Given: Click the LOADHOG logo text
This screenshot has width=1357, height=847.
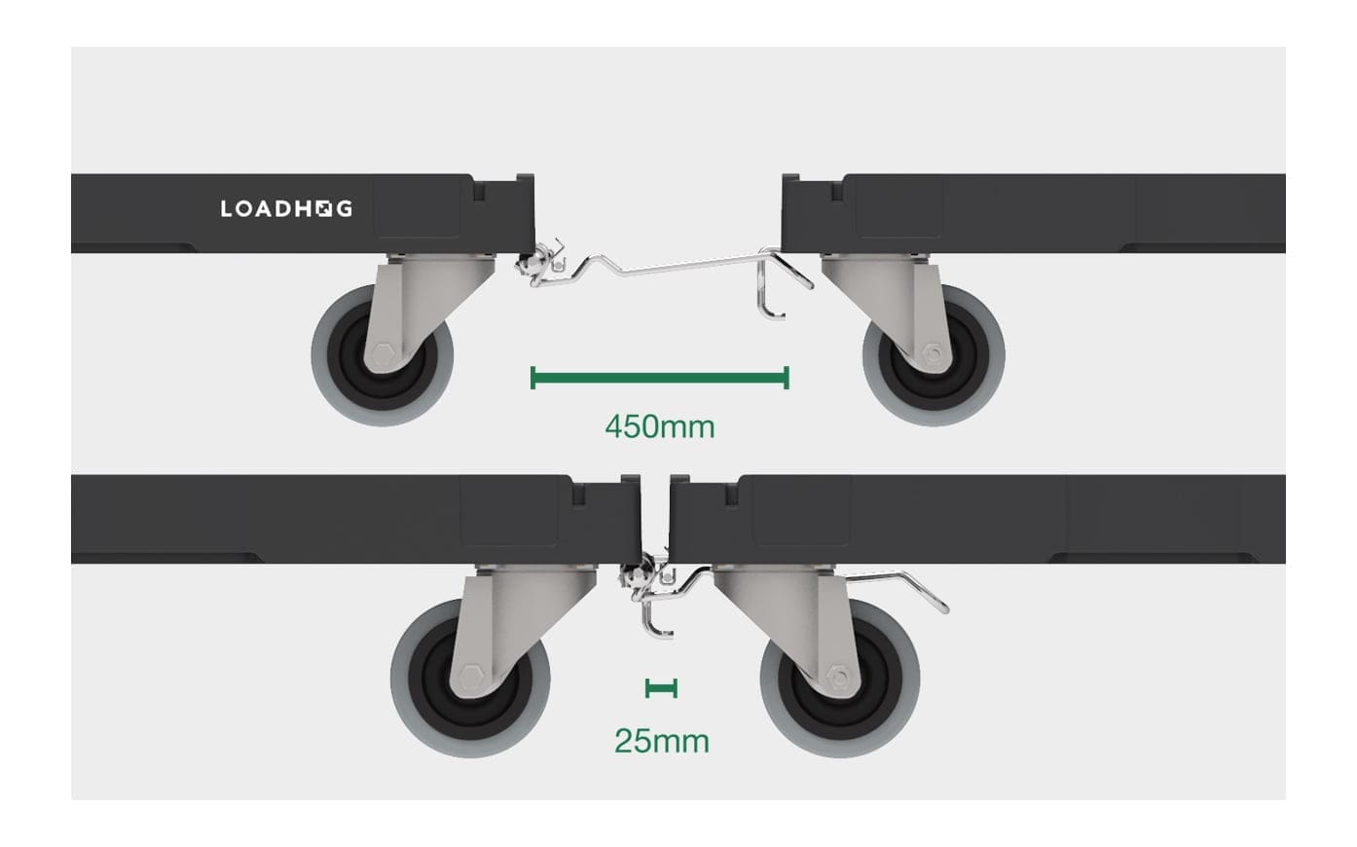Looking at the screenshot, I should tap(286, 208).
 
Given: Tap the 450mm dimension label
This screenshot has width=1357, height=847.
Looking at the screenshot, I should tap(659, 426).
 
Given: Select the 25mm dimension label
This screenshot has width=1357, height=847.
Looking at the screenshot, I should tap(661, 741).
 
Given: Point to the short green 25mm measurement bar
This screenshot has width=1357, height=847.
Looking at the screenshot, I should tap(661, 689).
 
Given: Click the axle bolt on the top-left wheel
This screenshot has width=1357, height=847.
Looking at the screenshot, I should tap(380, 353).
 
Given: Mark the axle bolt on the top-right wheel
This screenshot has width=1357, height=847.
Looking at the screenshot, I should tap(935, 354).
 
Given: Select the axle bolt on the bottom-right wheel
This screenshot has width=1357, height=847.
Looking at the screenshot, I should tap(837, 677).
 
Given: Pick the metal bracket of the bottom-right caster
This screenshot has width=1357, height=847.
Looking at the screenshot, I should tap(779, 613).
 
